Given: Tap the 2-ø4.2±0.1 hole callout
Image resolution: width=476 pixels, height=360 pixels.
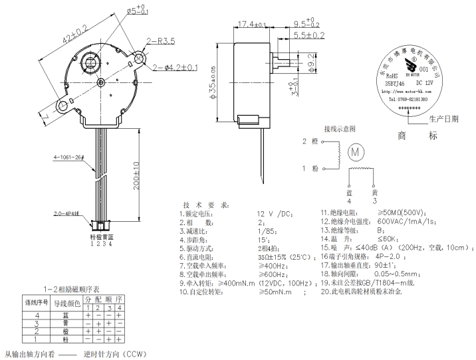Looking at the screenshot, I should tap(176, 68).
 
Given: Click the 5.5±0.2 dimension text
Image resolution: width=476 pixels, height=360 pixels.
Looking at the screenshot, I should tap(310, 35).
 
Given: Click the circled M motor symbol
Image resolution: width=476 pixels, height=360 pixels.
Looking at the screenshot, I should tap(355, 151).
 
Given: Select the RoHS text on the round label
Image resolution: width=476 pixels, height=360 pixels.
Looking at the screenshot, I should tap(392, 76).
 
